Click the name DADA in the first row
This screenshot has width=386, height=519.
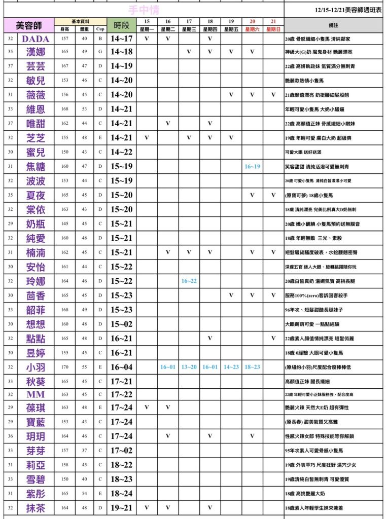[36, 39]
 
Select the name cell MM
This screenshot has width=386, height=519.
[36, 394]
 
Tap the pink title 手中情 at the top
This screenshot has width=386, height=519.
[144, 10]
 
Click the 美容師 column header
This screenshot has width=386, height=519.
[29, 25]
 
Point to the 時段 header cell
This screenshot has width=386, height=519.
[121, 25]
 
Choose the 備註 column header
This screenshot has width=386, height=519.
[334, 25]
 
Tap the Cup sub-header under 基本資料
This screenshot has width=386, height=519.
[100, 29]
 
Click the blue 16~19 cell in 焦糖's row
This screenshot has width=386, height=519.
[252, 166]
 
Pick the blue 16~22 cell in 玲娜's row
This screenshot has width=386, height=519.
[189, 281]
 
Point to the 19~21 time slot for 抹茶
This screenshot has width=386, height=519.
[121, 507]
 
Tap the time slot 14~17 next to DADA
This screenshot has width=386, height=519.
[121, 39]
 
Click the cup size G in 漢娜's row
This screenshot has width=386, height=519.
[100, 52]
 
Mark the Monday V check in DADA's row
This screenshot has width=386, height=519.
[147, 39]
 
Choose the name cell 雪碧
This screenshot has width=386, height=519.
[36, 479]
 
